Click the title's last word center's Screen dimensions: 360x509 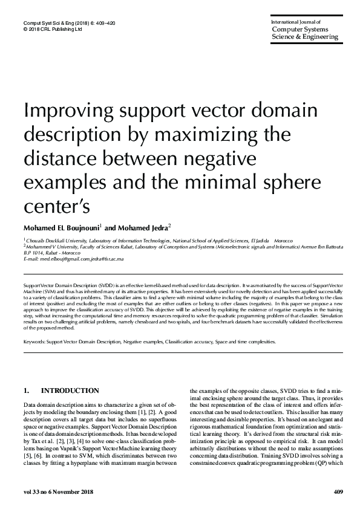coord(56,206)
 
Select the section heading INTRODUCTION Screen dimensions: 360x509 coord(70,391)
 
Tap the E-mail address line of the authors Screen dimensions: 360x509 coord(73,259)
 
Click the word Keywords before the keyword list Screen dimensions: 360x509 coord(34,342)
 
